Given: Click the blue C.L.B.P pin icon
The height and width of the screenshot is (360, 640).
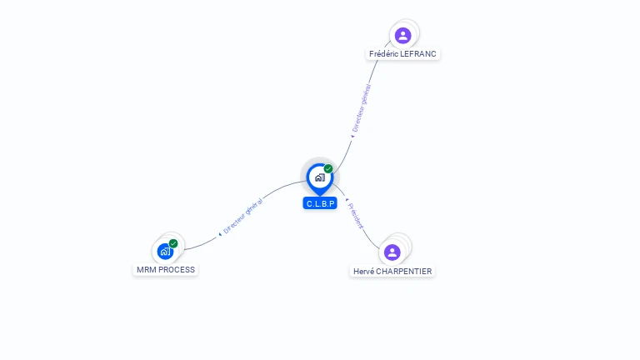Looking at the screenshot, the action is click(319, 177).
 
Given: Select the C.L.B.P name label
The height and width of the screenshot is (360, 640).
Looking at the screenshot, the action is click(320, 203).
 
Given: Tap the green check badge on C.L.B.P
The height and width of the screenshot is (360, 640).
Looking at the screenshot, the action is click(328, 169).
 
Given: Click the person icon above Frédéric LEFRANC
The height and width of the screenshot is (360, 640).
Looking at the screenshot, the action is click(402, 35).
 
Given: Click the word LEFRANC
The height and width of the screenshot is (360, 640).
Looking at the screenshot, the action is click(418, 54).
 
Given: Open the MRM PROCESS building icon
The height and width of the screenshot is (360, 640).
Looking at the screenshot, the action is click(165, 251).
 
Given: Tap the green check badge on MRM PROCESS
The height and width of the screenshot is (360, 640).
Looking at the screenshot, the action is click(173, 243).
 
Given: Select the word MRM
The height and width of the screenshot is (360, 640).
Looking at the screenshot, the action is click(146, 270).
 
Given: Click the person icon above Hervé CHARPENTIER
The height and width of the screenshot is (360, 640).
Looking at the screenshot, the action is click(392, 252).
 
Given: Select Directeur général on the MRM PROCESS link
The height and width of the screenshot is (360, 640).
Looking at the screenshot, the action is click(242, 216).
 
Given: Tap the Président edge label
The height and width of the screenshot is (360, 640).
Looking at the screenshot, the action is click(356, 215).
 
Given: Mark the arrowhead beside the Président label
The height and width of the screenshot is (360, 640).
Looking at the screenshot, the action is click(346, 200).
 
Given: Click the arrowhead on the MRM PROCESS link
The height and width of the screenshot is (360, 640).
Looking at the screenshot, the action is click(220, 234).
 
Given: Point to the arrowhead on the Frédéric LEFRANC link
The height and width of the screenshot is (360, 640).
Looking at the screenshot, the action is click(352, 137).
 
